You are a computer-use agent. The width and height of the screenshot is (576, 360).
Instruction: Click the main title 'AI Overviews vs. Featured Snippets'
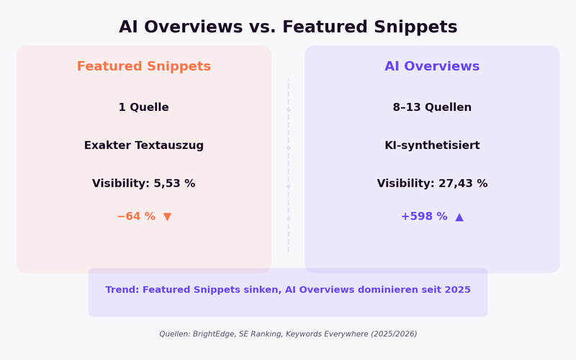(x=288, y=27)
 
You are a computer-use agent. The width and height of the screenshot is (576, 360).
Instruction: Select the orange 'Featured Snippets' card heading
(x=144, y=66)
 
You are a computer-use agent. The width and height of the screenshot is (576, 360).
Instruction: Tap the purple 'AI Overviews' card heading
(x=432, y=66)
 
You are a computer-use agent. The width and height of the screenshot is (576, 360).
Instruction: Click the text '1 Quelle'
(x=144, y=107)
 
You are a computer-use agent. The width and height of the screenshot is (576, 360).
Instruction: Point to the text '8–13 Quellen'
(x=432, y=107)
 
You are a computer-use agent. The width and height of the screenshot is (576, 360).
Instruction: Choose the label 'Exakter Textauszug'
(x=144, y=145)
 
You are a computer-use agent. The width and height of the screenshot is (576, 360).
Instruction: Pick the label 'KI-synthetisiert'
(x=432, y=145)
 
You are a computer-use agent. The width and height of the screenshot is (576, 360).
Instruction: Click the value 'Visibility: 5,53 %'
(x=144, y=184)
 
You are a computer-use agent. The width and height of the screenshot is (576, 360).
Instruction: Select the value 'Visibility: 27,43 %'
(x=432, y=184)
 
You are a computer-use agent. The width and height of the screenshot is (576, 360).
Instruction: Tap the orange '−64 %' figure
(x=135, y=217)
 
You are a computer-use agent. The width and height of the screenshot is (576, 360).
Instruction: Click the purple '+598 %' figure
(x=423, y=217)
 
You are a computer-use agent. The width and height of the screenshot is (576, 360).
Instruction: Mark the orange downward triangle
(x=168, y=217)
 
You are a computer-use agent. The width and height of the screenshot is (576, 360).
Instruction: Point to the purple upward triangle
(x=459, y=217)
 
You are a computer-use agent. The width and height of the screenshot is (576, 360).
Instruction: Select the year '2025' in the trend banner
(x=457, y=290)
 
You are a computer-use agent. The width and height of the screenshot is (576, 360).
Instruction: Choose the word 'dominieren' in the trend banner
(x=387, y=290)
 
